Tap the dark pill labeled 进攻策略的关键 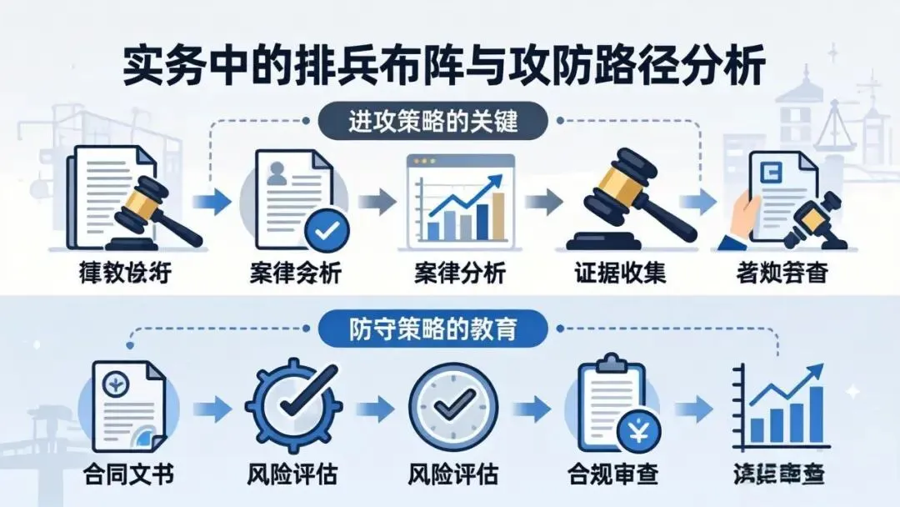[x=432, y=123]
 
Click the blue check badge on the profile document [x=326, y=227]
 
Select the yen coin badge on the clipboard [x=639, y=433]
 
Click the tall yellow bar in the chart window [x=499, y=215]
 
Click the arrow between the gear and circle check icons [x=372, y=408]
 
